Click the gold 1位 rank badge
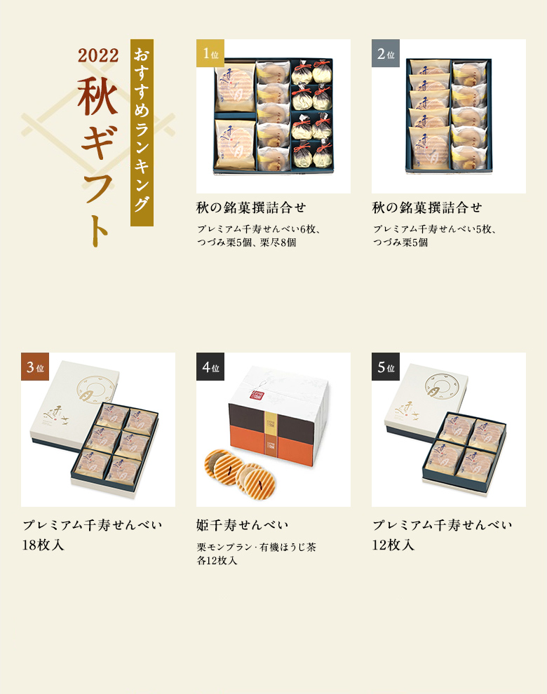click(x=210, y=53)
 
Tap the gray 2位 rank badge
click(x=385, y=53)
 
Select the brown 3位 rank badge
click(x=34, y=367)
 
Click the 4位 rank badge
click(x=210, y=367)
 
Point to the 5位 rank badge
click(x=385, y=367)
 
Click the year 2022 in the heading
click(x=98, y=55)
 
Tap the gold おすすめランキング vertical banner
click(x=142, y=132)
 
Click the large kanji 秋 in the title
click(x=98, y=97)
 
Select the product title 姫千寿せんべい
click(x=242, y=525)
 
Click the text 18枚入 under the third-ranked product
click(x=43, y=545)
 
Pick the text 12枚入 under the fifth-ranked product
click(x=393, y=545)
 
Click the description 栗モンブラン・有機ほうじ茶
click(x=257, y=547)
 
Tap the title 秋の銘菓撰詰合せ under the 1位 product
click(x=251, y=207)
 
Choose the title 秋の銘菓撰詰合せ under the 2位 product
click(x=427, y=207)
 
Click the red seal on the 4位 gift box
click(x=255, y=395)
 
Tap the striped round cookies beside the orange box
click(x=240, y=472)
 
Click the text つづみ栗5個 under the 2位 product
click(x=400, y=243)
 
